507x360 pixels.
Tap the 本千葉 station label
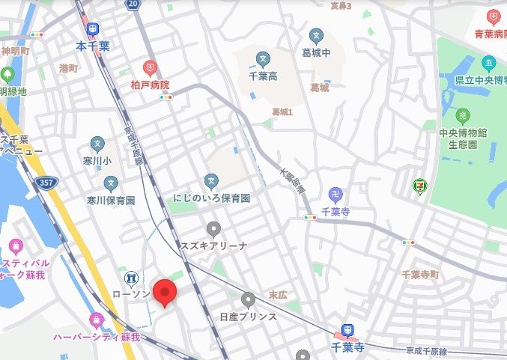pyautogui.click(x=93, y=46)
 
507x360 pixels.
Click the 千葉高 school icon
pyautogui.click(x=262, y=58)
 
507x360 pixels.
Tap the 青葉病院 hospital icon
pyautogui.click(x=493, y=16)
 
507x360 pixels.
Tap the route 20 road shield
pyautogui.click(x=133, y=4)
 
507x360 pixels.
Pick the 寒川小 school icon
pyautogui.click(x=97, y=144)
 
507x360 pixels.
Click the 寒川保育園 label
pyautogui.click(x=110, y=201)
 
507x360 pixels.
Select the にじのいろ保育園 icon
pyautogui.click(x=212, y=181)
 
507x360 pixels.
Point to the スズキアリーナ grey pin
pyautogui.click(x=213, y=229)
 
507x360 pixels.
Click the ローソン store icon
pyautogui.click(x=132, y=278)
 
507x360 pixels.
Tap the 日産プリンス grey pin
pyautogui.click(x=248, y=300)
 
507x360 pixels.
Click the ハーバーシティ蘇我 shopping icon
pyautogui.click(x=96, y=321)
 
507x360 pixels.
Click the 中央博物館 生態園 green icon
pyautogui.click(x=464, y=116)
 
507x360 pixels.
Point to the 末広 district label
pyautogui.click(x=277, y=296)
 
